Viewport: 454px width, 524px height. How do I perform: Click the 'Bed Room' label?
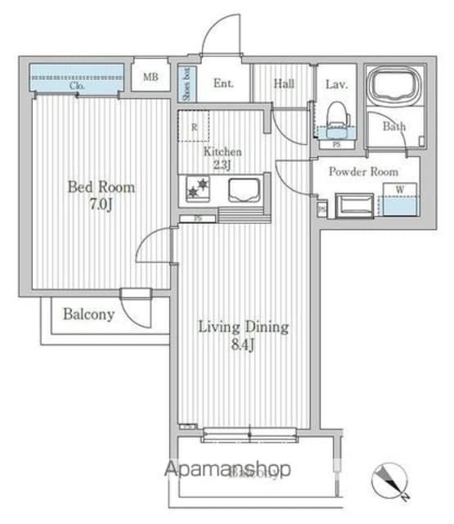coord(101,187)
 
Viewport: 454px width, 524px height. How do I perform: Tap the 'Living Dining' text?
coord(244,327)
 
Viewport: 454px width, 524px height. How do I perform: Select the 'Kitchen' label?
coord(223,152)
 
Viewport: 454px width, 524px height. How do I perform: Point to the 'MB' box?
coord(151,79)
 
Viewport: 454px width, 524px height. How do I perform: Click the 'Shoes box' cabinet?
coord(187,83)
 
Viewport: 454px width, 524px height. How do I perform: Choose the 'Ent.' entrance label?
coord(223,83)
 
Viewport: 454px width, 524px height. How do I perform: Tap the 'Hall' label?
coord(284,83)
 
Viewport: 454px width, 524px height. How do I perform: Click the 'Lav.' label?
coord(336,83)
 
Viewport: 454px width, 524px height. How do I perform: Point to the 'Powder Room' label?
coord(363,172)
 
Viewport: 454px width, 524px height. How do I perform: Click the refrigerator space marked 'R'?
coord(194,127)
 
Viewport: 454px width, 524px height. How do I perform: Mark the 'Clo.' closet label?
coord(78,85)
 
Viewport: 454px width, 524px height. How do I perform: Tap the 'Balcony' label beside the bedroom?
coord(88,314)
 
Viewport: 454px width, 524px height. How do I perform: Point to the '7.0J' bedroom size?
coord(101,204)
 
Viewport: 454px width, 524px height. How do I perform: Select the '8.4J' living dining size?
coord(244,345)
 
